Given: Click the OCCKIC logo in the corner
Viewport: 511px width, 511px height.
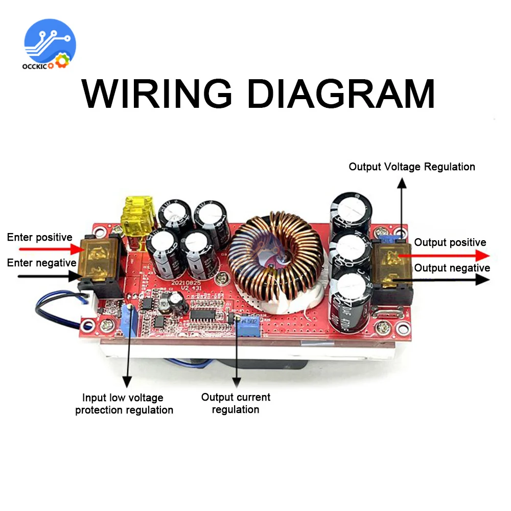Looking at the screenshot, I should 50,44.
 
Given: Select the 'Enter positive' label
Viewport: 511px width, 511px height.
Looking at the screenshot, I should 39,238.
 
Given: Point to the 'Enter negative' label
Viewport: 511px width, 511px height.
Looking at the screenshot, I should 41,263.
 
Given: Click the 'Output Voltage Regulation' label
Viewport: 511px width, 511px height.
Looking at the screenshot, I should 411,167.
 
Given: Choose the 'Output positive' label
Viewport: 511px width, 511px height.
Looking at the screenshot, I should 450,242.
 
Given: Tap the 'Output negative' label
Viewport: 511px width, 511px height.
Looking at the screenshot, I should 452,268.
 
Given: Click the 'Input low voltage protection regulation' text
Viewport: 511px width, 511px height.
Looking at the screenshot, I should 124,404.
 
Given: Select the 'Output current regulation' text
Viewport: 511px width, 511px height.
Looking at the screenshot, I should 236,403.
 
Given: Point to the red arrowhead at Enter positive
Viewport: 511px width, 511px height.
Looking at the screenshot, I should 77,249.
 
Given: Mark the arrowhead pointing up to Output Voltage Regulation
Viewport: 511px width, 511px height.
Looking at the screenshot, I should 402,183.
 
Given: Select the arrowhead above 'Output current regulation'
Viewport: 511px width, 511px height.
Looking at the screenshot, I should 236,381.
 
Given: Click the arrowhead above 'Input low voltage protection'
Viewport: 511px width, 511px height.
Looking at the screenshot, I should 126,381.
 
